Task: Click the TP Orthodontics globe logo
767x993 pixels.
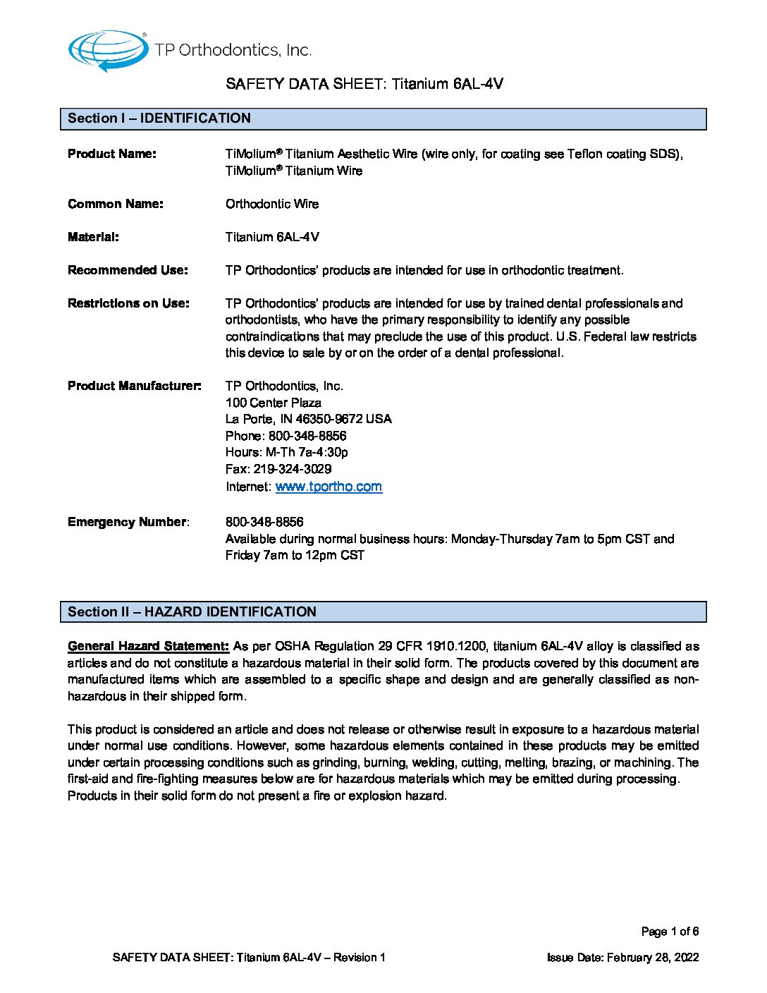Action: click(x=108, y=50)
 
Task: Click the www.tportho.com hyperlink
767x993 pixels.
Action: click(x=329, y=487)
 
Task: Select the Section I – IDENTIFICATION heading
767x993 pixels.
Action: click(x=159, y=118)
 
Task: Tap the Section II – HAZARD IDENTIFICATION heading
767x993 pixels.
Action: click(x=192, y=612)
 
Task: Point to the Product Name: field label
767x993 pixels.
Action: click(x=112, y=154)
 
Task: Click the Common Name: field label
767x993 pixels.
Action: click(x=116, y=204)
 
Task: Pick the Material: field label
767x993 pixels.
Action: click(x=93, y=237)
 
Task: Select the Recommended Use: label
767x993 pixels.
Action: click(x=128, y=270)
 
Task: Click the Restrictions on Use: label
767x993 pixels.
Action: click(x=128, y=303)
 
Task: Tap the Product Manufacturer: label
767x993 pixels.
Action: click(x=134, y=386)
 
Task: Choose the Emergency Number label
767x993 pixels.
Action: click(x=128, y=522)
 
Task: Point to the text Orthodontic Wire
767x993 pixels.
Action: click(x=272, y=204)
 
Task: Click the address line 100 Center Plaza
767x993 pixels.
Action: click(x=274, y=403)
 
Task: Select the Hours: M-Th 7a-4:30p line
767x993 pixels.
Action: click(x=287, y=452)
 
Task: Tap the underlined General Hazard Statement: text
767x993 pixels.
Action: click(x=148, y=646)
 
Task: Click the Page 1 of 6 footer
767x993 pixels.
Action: click(x=670, y=932)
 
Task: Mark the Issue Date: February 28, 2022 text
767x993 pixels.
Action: click(x=623, y=957)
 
